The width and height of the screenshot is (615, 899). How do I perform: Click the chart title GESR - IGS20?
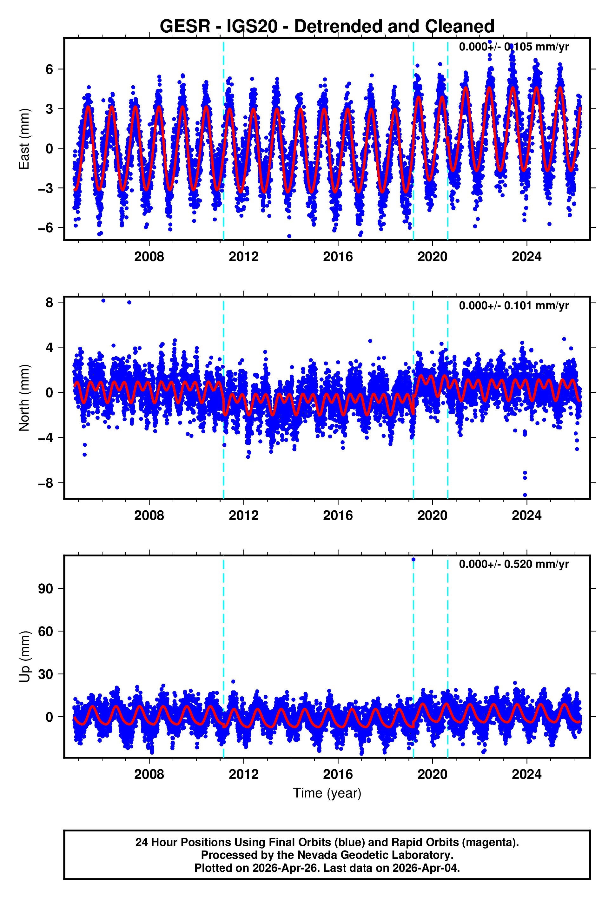coord(327,26)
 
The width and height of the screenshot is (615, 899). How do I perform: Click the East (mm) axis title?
coord(24,139)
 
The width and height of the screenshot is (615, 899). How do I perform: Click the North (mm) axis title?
coord(24,398)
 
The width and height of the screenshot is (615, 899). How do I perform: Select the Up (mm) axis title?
coord(24,656)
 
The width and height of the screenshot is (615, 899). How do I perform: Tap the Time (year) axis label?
coord(327,793)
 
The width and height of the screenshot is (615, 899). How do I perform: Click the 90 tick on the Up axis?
coord(45,589)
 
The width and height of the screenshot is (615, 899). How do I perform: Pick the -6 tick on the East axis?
coord(45,228)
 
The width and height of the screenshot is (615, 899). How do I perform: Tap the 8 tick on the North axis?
coord(49,303)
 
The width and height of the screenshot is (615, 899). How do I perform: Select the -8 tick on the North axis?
coord(45,483)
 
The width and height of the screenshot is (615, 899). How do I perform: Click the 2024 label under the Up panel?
coord(526,774)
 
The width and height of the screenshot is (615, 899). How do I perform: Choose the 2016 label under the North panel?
coord(338,515)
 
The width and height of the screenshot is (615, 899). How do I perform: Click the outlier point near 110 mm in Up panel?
coord(413,559)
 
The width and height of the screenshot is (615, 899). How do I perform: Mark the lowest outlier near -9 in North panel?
coord(525,495)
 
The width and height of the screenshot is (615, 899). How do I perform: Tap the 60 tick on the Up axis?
coord(45,631)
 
